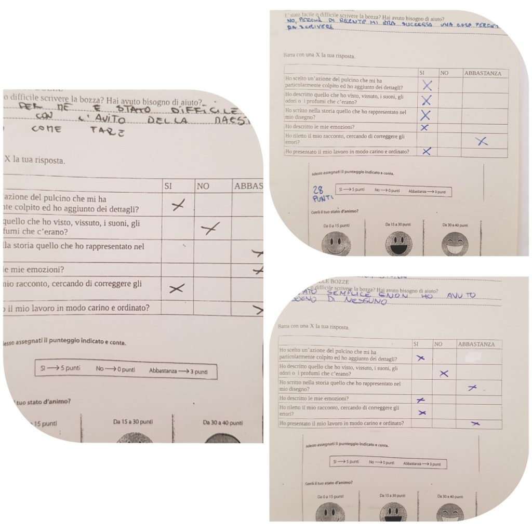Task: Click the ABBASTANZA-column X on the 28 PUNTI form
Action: [x=482, y=141]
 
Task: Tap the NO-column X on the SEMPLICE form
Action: [x=443, y=373]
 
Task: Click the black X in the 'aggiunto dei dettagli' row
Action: [x=178, y=206]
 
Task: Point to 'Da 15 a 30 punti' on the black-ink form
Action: [x=133, y=421]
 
